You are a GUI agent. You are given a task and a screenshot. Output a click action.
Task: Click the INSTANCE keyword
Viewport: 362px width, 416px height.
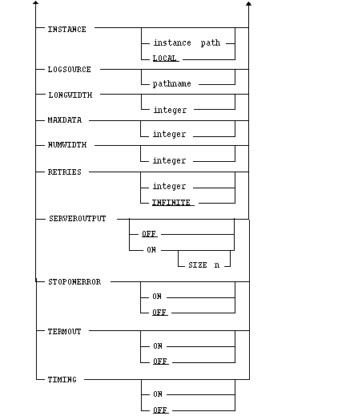coord(66,30)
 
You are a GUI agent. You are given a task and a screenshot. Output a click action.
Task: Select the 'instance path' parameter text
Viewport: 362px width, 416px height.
coord(187,43)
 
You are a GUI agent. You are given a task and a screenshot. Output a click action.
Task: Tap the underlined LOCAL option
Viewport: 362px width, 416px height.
coord(166,59)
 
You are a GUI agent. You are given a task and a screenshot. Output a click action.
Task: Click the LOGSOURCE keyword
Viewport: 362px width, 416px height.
coord(69,70)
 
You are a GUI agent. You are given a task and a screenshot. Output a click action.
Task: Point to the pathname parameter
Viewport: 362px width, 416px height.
coord(172,84)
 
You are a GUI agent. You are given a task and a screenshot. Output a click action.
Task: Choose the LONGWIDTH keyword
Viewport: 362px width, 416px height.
coord(70,95)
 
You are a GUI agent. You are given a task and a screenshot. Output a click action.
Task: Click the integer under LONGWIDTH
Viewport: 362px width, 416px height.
coord(170,110)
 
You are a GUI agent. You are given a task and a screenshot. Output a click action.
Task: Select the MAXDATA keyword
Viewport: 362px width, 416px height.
coord(65,120)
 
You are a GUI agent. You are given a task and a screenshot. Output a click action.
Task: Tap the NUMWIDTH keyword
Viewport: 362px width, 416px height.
coord(67,145)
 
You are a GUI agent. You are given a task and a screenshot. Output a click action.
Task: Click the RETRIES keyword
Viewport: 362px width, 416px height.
coord(64,172)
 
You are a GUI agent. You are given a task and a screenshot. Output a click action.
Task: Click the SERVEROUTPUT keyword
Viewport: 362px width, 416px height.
coord(78,219)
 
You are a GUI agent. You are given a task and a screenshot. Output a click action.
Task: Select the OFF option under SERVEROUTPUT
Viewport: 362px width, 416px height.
coord(149,234)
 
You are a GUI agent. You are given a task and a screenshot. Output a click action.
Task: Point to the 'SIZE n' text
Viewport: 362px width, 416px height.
coord(204,265)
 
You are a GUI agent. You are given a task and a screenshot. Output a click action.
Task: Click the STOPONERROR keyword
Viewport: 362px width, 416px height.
coord(74,282)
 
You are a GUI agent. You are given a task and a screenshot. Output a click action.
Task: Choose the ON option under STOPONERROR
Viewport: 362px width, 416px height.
coord(157,297)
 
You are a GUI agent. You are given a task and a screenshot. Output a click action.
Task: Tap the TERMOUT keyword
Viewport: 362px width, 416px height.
coord(64,332)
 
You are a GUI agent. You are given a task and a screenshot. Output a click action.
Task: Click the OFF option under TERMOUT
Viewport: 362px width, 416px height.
coord(160,361)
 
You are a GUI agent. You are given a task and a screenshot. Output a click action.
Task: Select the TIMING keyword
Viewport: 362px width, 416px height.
coord(62,380)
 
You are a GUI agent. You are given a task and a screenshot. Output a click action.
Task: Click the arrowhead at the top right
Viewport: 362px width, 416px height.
coord(248,4)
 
